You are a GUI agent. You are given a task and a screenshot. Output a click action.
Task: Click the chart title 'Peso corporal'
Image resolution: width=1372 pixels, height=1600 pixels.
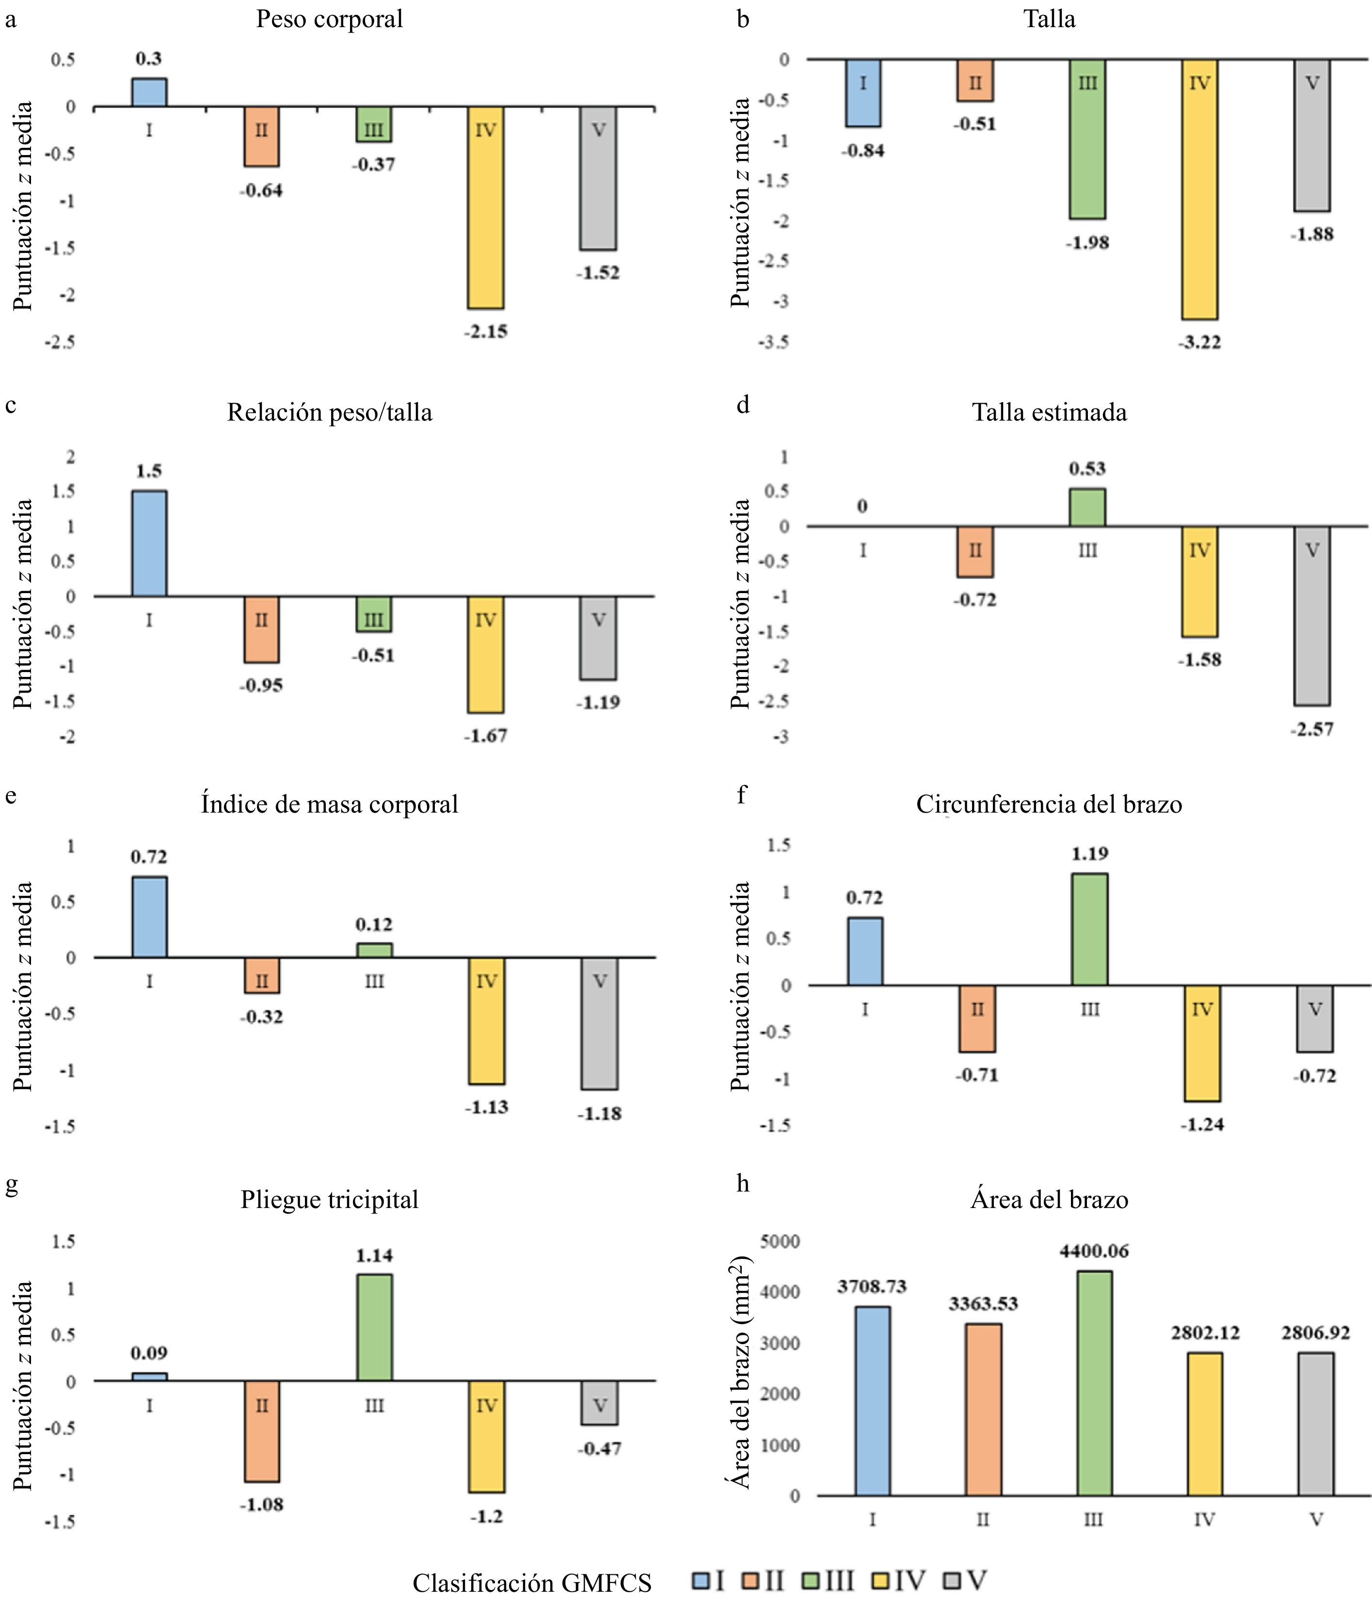point(329,19)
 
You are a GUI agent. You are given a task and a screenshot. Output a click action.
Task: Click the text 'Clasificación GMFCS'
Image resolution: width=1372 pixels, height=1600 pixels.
point(531,1582)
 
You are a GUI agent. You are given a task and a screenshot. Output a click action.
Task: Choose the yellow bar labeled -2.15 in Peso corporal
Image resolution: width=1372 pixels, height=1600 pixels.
point(485,208)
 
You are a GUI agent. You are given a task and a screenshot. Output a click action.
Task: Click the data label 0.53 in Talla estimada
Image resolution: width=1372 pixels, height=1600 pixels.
point(1087,469)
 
